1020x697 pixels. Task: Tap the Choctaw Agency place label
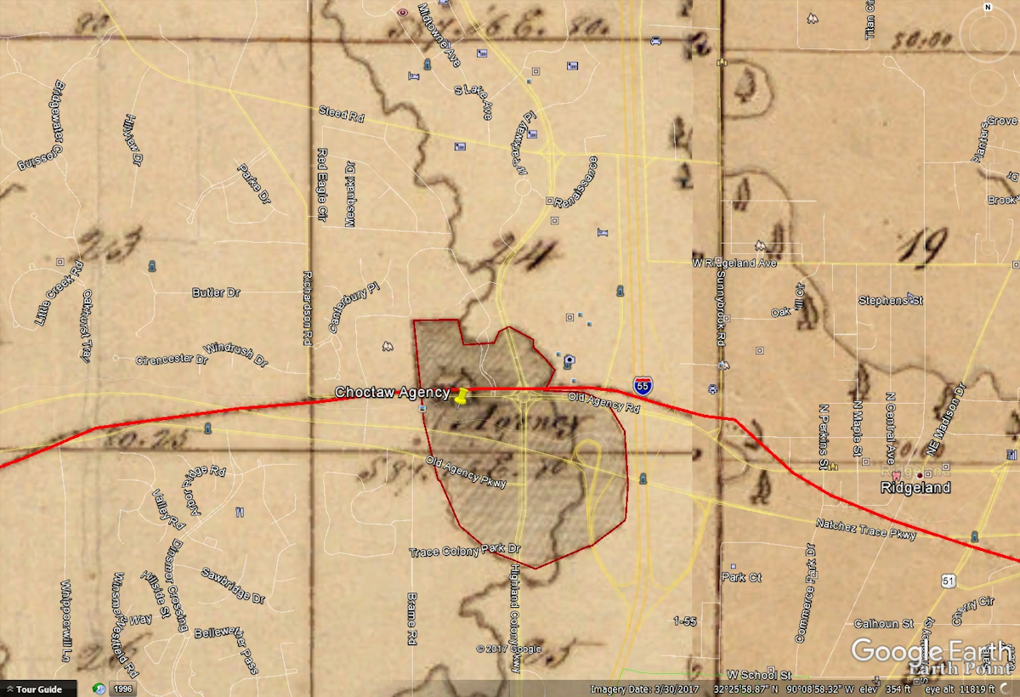[392, 392]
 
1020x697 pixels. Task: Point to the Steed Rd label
[341, 113]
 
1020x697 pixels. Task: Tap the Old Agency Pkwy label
[467, 472]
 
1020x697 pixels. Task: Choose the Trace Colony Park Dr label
[464, 552]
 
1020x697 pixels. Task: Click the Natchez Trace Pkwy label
[866, 529]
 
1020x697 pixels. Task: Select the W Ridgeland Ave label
[734, 263]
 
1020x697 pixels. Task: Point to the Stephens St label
[890, 300]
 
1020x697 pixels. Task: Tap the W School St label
[759, 673]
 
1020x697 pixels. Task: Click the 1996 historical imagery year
[124, 688]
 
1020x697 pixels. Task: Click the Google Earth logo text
[932, 651]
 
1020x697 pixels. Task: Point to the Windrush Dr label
[235, 355]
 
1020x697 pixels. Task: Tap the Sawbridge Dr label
[232, 585]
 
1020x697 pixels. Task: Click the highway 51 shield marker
[949, 580]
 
